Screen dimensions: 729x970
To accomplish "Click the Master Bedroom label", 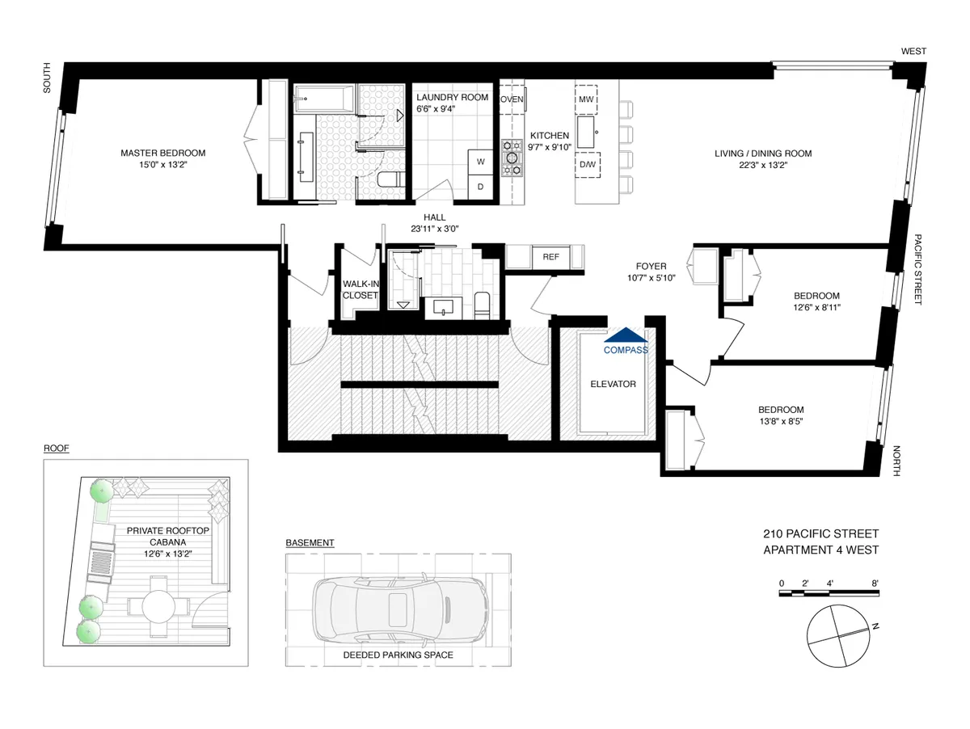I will [162, 153].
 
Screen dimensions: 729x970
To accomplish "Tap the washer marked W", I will [480, 162].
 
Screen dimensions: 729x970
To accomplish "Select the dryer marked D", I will [480, 187].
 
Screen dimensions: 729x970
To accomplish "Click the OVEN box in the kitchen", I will [512, 99].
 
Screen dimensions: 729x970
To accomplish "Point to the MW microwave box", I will [586, 99].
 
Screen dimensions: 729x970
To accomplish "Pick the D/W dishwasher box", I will [586, 166].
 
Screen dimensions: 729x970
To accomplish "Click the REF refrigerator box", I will [550, 257].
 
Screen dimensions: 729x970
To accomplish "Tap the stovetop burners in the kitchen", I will [512, 158].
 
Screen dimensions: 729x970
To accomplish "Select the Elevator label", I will [613, 384].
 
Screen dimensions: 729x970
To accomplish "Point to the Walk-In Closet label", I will [360, 289].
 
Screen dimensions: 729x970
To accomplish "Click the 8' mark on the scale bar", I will [875, 583].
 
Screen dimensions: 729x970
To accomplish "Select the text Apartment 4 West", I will [820, 550].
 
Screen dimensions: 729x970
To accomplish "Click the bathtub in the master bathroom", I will [323, 102].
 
